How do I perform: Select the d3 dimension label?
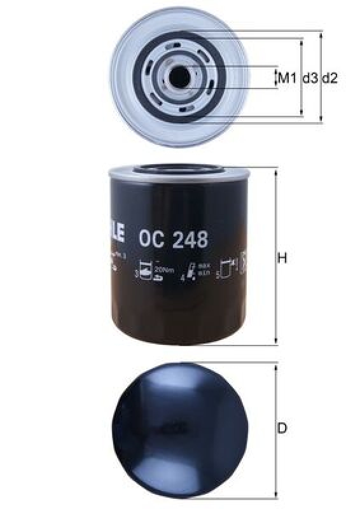coord(310,78)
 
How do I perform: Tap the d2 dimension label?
coord(329,78)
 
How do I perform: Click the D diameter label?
coord(282,428)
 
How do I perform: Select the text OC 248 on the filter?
coord(172,240)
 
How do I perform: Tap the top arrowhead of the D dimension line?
coord(275,367)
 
